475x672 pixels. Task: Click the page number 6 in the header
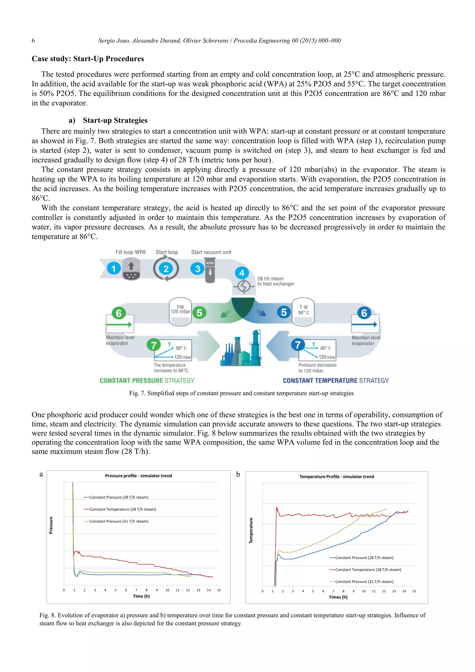point(33,41)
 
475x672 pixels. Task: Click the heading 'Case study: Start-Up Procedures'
point(88,59)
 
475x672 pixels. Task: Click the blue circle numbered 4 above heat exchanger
point(242,273)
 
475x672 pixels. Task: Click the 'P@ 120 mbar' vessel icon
point(180,312)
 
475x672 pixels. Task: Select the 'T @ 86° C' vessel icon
point(303,312)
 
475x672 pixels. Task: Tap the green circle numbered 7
point(154,345)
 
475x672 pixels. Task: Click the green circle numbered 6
point(119,313)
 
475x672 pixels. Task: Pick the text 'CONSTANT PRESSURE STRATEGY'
point(147,381)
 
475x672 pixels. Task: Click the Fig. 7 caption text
point(241,393)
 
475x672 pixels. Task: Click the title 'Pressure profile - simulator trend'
point(138,476)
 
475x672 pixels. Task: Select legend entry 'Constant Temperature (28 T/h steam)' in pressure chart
point(122,509)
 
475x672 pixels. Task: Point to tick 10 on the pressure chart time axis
point(167,590)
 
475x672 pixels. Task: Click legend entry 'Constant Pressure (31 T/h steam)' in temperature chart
point(364,582)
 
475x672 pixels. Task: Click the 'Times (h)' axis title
point(338,597)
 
